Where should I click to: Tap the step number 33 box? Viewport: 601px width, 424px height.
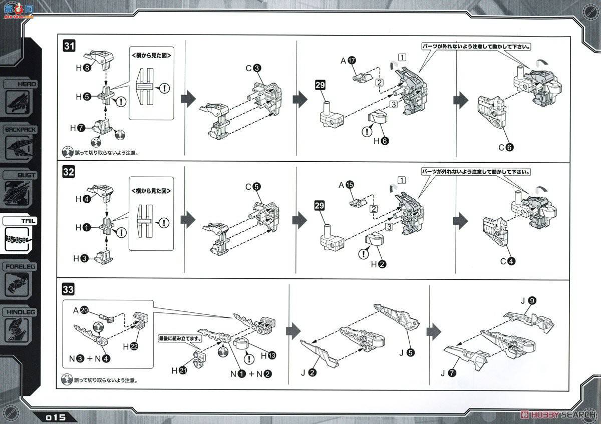69,289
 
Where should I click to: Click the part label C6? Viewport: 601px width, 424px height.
506,147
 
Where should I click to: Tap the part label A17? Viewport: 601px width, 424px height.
348,61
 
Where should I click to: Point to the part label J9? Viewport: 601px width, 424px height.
528,300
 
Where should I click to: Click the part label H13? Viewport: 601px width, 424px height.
267,355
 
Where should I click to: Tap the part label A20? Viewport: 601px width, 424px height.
80,311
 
